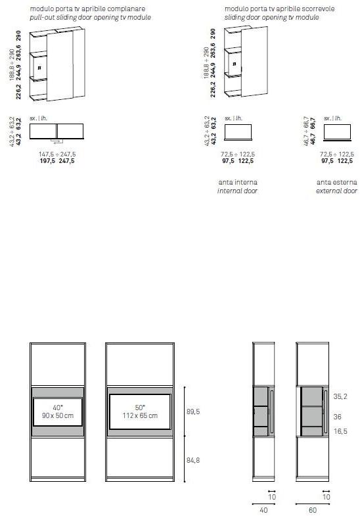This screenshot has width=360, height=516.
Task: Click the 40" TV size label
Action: coord(57,407)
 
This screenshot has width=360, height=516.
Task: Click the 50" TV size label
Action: coord(139,407)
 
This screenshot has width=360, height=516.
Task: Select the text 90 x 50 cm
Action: coord(58,415)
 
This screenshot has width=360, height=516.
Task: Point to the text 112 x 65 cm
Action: coord(139,415)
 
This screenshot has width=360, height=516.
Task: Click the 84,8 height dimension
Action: coord(193,459)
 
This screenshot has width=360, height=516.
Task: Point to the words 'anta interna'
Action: coord(237,181)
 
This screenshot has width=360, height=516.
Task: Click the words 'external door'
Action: coord(336,191)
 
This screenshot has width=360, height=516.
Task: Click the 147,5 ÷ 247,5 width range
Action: coord(58,154)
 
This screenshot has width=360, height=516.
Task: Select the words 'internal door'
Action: coord(237,191)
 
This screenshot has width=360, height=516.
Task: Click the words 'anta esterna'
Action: coord(336,181)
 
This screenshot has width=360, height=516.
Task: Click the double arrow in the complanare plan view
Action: coord(57,141)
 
